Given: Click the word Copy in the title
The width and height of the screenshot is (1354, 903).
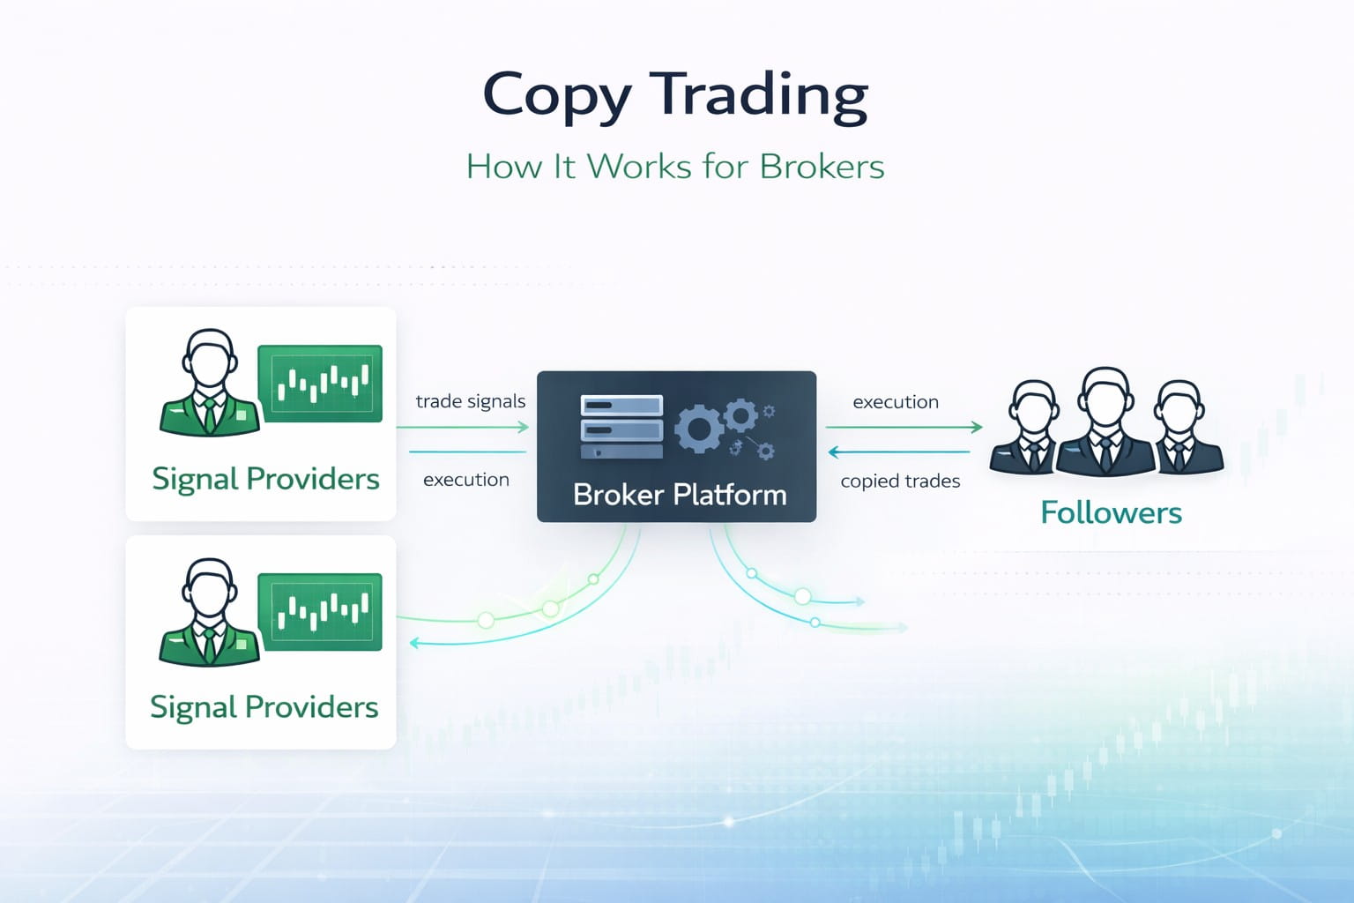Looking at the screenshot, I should click(x=556, y=95).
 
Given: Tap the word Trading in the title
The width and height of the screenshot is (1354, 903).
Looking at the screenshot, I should click(x=759, y=95).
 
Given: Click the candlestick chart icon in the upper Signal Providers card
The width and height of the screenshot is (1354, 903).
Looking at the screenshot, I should click(x=320, y=384).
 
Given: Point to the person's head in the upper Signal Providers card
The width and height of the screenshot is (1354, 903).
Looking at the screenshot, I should click(x=209, y=357).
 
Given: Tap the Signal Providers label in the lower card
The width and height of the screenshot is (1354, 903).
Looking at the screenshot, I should click(x=264, y=707).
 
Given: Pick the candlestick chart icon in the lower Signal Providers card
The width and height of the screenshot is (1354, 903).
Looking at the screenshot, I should click(x=320, y=612).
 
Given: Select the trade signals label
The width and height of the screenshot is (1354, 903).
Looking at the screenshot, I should click(x=470, y=402).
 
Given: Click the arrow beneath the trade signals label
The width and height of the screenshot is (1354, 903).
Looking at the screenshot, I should click(x=463, y=428).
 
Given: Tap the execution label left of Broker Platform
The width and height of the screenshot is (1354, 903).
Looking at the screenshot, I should click(x=466, y=480).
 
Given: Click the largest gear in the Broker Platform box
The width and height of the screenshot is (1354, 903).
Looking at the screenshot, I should click(x=698, y=429).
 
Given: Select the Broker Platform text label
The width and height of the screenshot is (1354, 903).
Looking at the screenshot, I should click(x=680, y=495).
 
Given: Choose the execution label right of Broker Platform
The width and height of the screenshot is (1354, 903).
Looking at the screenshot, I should click(x=896, y=402).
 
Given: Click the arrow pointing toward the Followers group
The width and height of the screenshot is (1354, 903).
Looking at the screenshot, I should click(x=904, y=428).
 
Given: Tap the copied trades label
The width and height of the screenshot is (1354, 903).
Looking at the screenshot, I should click(x=900, y=481).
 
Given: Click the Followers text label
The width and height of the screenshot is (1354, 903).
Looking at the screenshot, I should click(x=1111, y=512).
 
